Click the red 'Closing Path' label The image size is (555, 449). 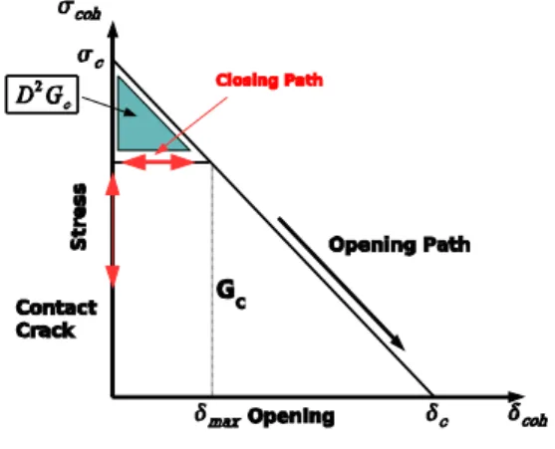269,81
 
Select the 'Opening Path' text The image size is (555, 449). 400,245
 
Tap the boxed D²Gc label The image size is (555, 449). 42,95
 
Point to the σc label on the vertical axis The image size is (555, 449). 91,59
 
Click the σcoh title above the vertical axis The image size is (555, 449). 80,11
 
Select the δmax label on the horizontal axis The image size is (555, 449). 217,416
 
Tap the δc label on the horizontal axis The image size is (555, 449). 437,415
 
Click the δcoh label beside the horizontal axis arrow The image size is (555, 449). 528,415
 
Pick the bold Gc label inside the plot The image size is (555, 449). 231,295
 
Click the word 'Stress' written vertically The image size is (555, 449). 79,216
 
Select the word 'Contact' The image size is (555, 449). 57,308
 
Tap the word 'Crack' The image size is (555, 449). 46,331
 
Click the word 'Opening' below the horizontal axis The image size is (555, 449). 291,416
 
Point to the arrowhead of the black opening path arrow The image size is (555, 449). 399,342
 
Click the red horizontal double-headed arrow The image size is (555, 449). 157,162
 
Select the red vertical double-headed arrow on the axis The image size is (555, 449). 113,231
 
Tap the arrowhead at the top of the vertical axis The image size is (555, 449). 113,30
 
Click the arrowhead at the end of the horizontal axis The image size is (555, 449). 516,396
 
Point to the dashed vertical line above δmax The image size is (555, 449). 212,280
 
